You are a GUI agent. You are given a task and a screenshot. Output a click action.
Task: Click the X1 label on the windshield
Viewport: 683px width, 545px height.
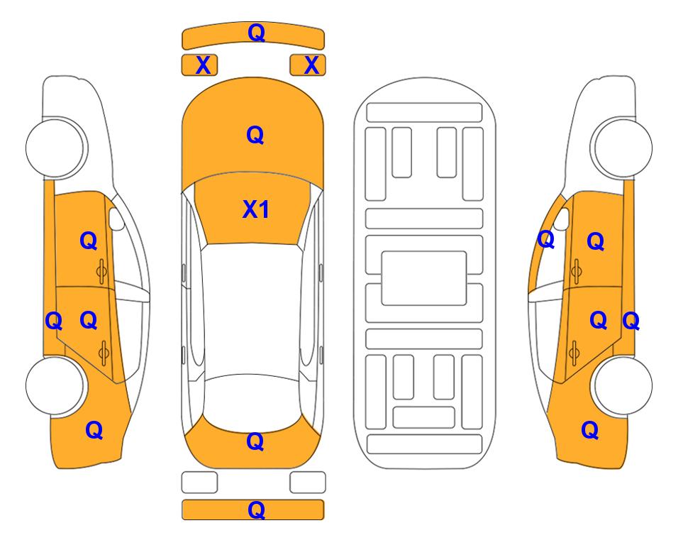[x=256, y=209]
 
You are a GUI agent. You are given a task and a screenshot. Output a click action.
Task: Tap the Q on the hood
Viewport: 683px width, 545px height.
[x=255, y=135]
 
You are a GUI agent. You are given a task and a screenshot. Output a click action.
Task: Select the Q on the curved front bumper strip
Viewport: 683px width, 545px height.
[x=257, y=33]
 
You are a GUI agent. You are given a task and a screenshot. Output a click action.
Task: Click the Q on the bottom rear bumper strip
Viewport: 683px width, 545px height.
[x=257, y=510]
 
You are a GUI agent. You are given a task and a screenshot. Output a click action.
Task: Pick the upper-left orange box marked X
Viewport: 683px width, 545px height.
[x=199, y=65]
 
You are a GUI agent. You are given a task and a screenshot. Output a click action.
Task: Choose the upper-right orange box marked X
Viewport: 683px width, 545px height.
[x=308, y=65]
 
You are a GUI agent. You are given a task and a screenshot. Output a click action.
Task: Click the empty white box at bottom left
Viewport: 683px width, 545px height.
[x=199, y=483]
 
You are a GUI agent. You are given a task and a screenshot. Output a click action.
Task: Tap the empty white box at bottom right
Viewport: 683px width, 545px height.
[x=308, y=483]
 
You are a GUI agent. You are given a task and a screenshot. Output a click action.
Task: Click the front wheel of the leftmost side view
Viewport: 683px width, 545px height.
[x=55, y=148]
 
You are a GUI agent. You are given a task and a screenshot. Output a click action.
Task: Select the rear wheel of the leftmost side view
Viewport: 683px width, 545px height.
[x=55, y=385]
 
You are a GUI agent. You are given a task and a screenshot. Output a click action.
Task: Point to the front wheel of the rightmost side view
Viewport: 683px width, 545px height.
[x=621, y=148]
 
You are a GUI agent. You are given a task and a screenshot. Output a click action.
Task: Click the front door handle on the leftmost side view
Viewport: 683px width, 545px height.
[x=101, y=272]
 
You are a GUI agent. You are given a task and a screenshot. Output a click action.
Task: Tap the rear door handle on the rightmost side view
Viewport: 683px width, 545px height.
[x=574, y=352]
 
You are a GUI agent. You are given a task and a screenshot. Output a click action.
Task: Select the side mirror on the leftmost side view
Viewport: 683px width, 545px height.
[x=116, y=219]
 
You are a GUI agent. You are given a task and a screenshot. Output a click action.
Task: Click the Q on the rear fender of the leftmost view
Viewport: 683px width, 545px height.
[x=94, y=430]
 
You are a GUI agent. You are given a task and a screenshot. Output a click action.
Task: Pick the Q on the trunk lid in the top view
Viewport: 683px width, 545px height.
[x=255, y=441]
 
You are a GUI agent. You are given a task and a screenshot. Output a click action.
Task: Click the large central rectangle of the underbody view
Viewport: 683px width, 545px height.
[x=424, y=278]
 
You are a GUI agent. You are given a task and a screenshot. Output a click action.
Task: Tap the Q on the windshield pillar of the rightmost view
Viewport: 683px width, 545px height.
[x=546, y=239]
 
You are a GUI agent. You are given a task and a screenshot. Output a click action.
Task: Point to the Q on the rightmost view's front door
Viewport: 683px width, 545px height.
[x=596, y=241]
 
